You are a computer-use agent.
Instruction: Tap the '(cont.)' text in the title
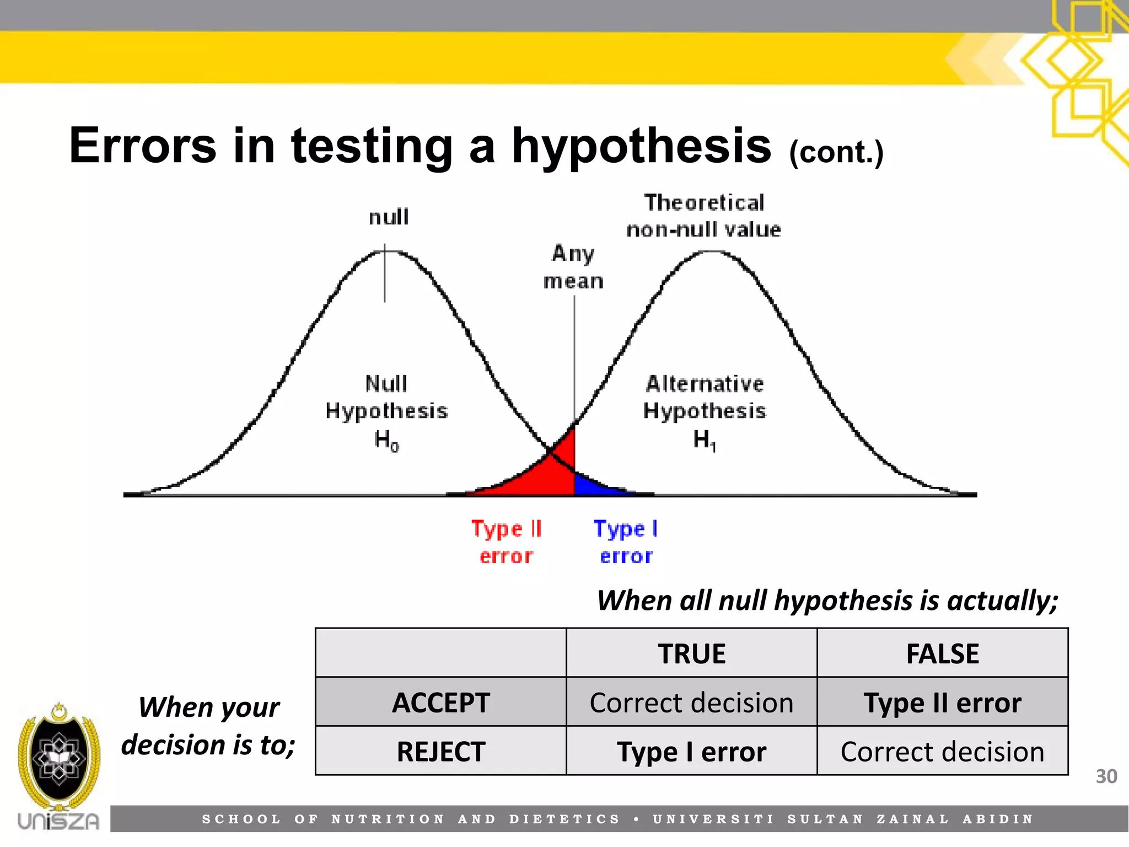coord(836,153)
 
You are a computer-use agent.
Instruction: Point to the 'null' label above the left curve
coord(389,217)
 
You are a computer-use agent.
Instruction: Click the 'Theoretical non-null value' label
coord(704,216)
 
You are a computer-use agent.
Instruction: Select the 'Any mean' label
coord(573,267)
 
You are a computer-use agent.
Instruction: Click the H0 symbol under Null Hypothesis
coord(386,440)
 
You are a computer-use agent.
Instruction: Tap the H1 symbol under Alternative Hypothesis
coord(704,440)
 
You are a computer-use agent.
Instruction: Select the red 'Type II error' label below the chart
coord(506,542)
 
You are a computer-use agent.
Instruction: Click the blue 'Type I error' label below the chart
coord(626,542)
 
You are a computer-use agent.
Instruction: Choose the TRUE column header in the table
coord(691,654)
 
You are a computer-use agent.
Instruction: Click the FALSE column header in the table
coord(942,654)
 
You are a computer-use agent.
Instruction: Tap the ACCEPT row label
coord(440,703)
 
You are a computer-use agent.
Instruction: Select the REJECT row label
coord(440,752)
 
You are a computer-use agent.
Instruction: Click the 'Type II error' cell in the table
coord(942,703)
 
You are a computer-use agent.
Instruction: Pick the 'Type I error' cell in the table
coord(691,752)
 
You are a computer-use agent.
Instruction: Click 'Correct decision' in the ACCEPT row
coord(691,703)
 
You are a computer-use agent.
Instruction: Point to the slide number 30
coord(1106,776)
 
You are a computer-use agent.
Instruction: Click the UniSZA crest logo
coord(58,758)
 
